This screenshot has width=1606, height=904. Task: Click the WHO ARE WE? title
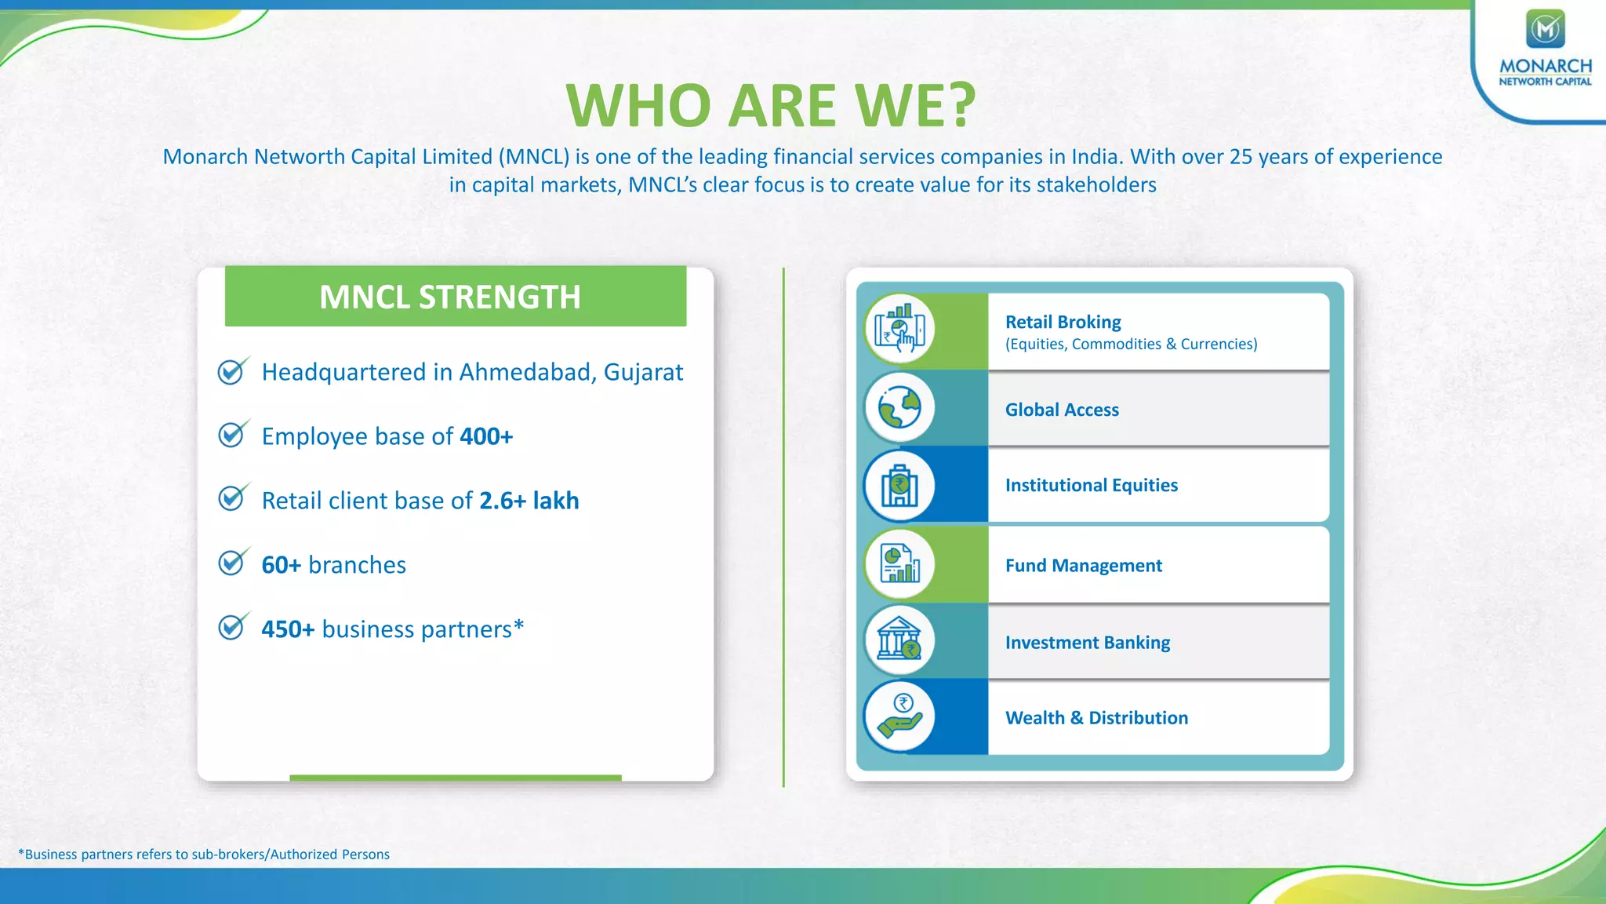[771, 105]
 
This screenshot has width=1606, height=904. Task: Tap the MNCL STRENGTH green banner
[455, 297]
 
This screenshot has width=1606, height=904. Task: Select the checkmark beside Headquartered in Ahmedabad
[232, 371]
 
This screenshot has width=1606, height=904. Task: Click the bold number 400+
[486, 436]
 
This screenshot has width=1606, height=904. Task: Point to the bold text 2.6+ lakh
[529, 501]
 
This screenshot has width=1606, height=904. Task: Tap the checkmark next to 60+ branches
[232, 563]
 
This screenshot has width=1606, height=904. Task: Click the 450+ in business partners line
[288, 629]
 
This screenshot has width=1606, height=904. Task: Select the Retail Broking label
[1063, 322]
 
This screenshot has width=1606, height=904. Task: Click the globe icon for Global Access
[899, 408]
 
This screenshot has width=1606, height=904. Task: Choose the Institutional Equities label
[1091, 485]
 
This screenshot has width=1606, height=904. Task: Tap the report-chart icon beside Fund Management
[899, 563]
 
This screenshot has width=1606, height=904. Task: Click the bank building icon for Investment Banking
[899, 640]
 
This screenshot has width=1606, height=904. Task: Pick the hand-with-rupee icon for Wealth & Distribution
[899, 716]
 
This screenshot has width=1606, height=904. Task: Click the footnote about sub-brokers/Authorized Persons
[204, 854]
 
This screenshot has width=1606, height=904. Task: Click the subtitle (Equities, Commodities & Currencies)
[1131, 344]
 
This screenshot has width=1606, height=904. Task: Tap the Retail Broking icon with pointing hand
[899, 330]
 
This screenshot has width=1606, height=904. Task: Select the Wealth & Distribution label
[1096, 718]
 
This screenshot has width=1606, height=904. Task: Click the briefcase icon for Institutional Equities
[899, 485]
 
